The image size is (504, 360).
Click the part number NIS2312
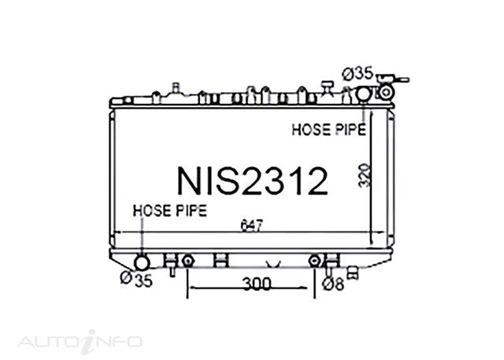(x=253, y=181)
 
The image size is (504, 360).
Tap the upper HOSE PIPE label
(x=329, y=129)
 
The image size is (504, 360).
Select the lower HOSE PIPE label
(x=170, y=210)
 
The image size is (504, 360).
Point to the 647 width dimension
(x=252, y=225)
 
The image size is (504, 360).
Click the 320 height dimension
(x=365, y=176)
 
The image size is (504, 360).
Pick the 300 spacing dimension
(x=257, y=284)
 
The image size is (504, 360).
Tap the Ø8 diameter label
(x=333, y=284)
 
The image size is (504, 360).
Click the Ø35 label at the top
(x=358, y=74)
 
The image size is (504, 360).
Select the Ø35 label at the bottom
(x=136, y=280)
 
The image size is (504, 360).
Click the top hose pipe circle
(x=364, y=93)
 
